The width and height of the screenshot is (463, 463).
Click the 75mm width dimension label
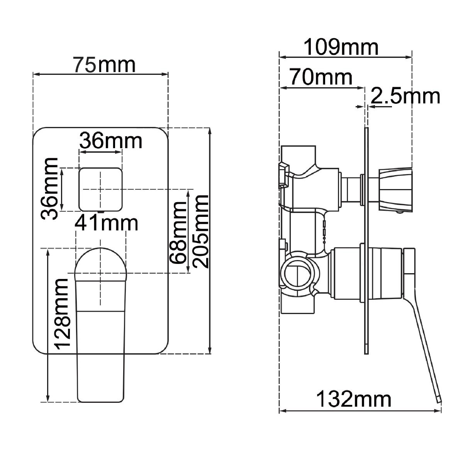click(x=105, y=65)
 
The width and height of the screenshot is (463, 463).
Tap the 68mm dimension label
click(x=178, y=232)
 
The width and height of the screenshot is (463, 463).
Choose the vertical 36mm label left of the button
click(x=50, y=188)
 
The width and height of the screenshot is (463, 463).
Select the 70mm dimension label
click(x=321, y=77)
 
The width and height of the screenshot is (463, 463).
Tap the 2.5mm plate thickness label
click(x=405, y=96)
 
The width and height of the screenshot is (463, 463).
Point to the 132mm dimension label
click(x=354, y=399)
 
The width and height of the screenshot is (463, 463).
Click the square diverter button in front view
click(x=100, y=189)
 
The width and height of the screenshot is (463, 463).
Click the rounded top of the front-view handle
click(x=100, y=260)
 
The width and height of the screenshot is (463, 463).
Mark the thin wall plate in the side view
click(x=366, y=239)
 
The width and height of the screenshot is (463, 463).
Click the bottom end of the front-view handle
click(x=102, y=395)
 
